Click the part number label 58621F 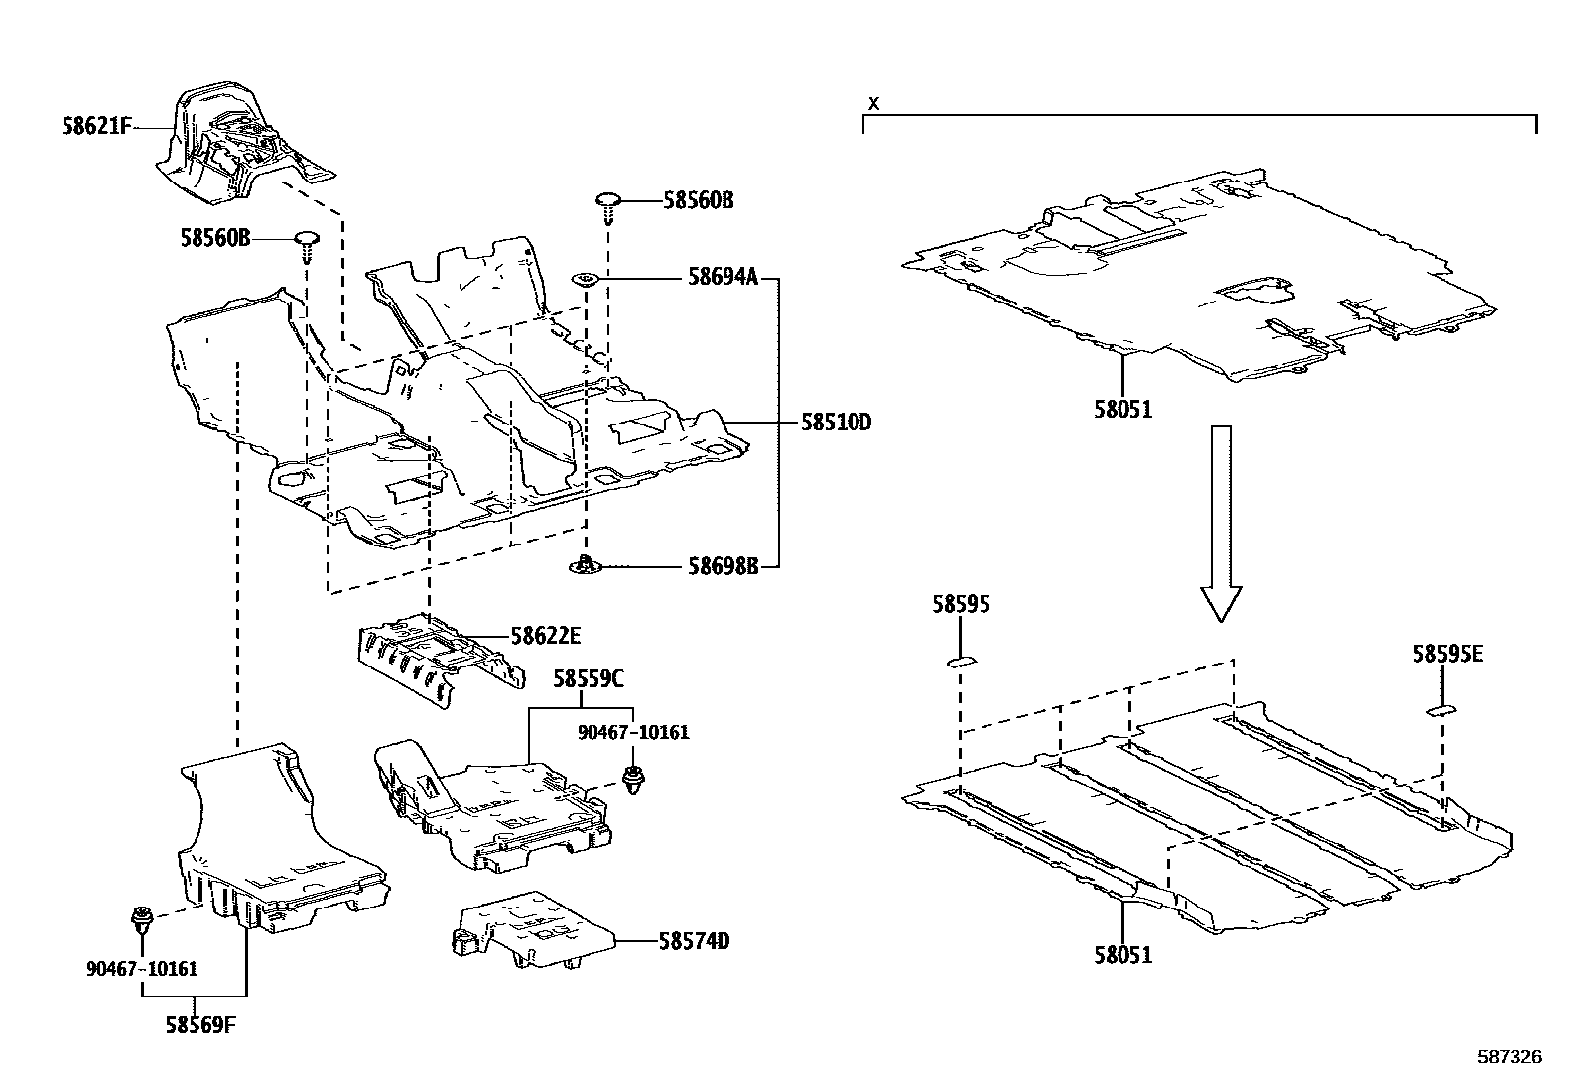pyautogui.click(x=96, y=128)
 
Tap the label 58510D pyautogui.click(x=836, y=423)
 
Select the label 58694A pyautogui.click(x=723, y=279)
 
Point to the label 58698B pyautogui.click(x=723, y=566)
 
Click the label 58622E pyautogui.click(x=546, y=636)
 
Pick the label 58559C pyautogui.click(x=589, y=679)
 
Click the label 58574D pyautogui.click(x=693, y=940)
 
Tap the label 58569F pyautogui.click(x=200, y=1025)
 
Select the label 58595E pyautogui.click(x=1447, y=655)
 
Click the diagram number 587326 pyautogui.click(x=1510, y=1057)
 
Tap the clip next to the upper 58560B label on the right pyautogui.click(x=607, y=205)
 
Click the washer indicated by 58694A pyautogui.click(x=585, y=281)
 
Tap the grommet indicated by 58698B pyautogui.click(x=586, y=566)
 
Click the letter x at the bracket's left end pyautogui.click(x=873, y=102)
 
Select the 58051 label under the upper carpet pyautogui.click(x=1123, y=409)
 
